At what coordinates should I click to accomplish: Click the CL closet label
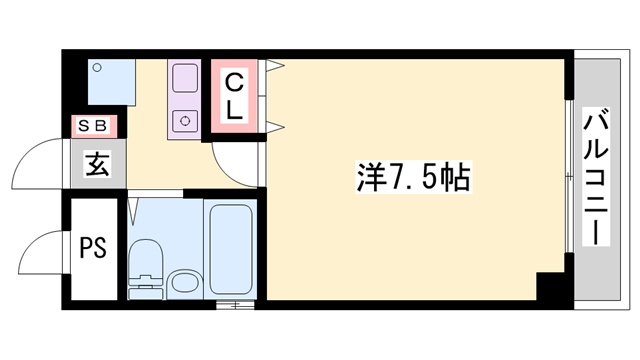coord(233,95)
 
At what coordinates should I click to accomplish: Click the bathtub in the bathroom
coord(231,248)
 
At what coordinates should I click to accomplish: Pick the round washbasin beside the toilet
coord(183,282)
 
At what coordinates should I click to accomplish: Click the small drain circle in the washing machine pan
coord(97,68)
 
